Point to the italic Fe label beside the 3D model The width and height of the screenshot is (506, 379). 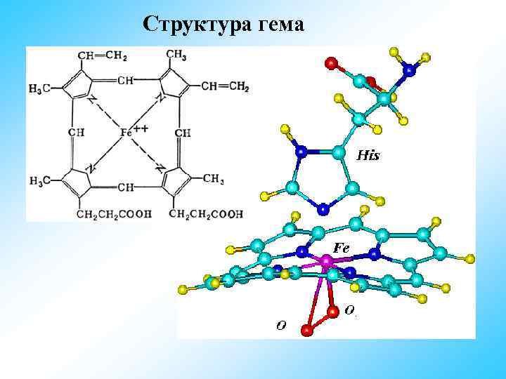pyautogui.click(x=342, y=248)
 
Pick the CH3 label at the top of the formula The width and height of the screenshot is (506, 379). pyautogui.click(x=176, y=55)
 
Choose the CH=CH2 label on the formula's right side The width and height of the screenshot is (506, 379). pyautogui.click(x=225, y=86)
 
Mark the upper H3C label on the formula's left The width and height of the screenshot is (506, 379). pyautogui.click(x=39, y=88)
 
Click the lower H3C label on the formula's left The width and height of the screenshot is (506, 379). pyautogui.click(x=39, y=181)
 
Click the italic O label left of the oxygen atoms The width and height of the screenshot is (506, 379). pyautogui.click(x=280, y=324)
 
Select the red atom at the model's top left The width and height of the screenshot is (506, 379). pyautogui.click(x=330, y=62)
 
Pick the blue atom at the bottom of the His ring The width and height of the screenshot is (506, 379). pyautogui.click(x=322, y=208)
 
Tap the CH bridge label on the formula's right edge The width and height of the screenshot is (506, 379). pyautogui.click(x=183, y=133)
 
